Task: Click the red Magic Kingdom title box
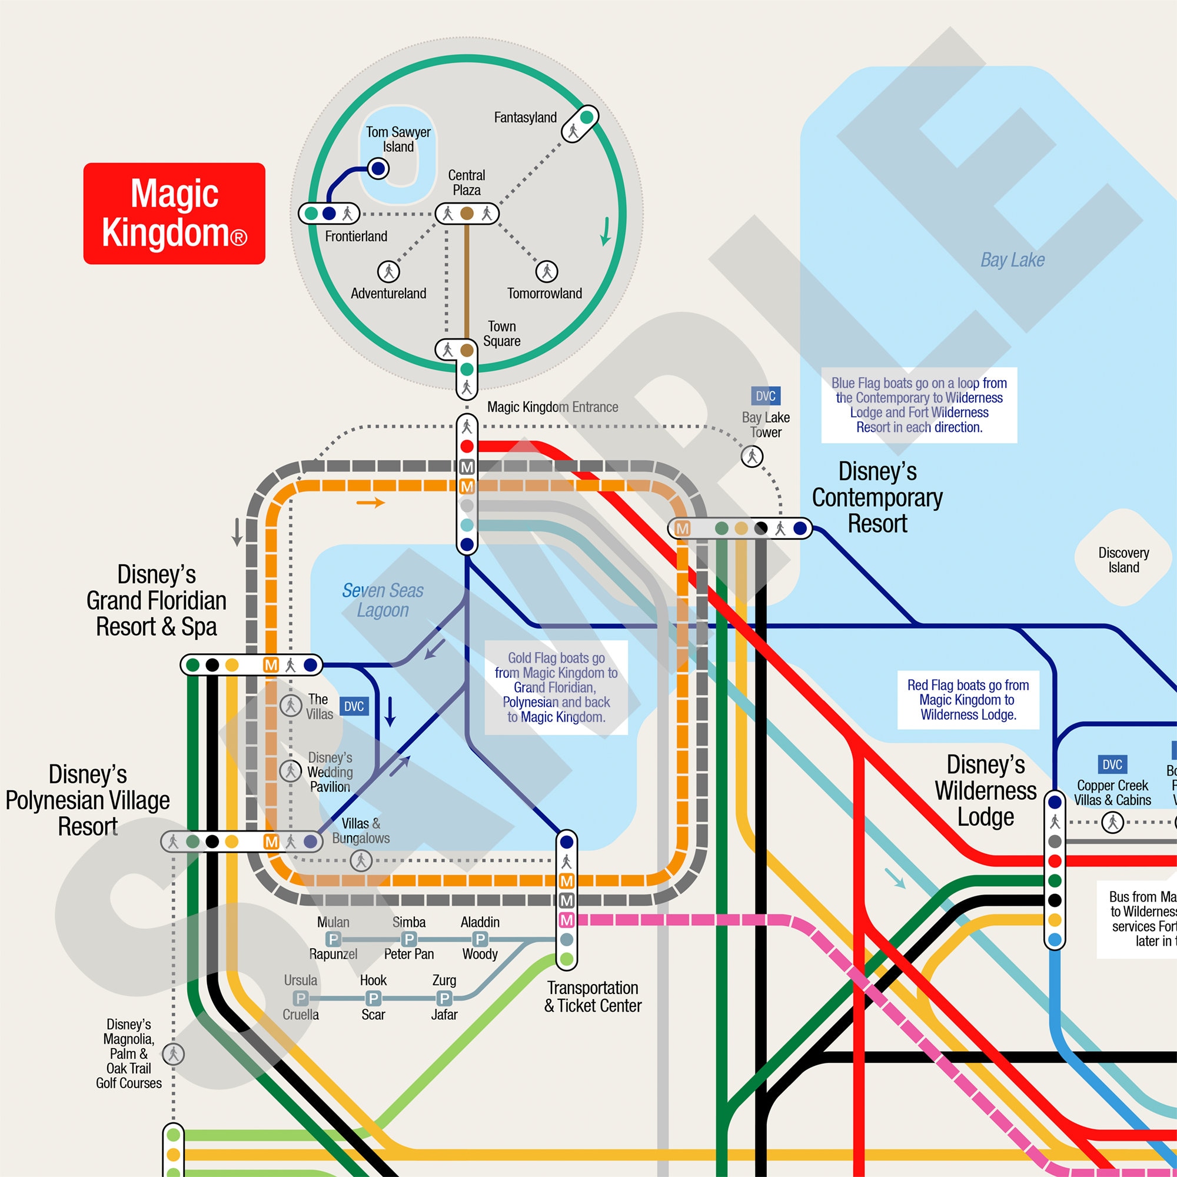(174, 213)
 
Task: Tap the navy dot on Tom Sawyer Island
(378, 168)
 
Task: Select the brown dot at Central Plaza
(467, 213)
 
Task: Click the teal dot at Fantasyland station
(587, 117)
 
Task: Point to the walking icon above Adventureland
(388, 271)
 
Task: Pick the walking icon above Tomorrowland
(547, 271)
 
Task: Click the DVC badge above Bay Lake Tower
(765, 396)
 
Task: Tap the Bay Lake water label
(1012, 260)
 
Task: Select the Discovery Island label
(1123, 560)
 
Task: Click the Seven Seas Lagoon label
(383, 600)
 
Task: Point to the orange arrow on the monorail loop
(370, 503)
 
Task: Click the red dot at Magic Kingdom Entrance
(467, 446)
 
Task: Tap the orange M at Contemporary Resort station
(682, 528)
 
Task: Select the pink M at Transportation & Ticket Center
(567, 920)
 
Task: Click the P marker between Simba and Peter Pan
(410, 939)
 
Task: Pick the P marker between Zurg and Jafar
(444, 998)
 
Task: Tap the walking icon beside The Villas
(291, 706)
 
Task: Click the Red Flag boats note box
(967, 700)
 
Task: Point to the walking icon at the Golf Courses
(173, 1054)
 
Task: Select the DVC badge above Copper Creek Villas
(1112, 764)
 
